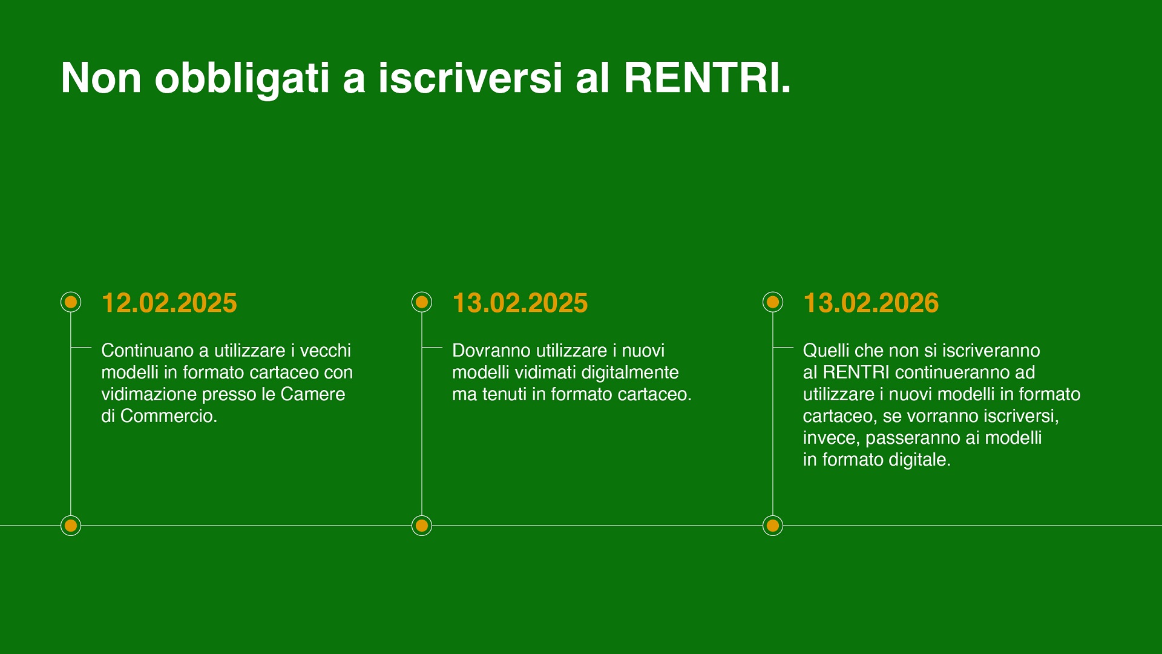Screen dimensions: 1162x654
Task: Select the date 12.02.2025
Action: coord(169,303)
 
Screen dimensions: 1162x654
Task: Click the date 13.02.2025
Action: coord(520,303)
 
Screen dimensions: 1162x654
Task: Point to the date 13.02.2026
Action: coord(871,303)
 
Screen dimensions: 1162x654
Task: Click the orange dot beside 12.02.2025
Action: coord(71,302)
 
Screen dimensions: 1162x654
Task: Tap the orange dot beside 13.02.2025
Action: coord(422,302)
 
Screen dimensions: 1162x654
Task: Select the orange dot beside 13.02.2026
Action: coord(773,302)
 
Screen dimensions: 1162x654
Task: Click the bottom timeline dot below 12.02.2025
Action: coord(71,526)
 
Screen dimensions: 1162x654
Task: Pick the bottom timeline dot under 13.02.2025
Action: coord(422,526)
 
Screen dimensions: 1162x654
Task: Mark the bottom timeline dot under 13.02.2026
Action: coord(773,526)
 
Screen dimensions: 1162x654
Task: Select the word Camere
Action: coord(313,394)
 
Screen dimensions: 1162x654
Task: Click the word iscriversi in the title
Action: coord(471,78)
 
